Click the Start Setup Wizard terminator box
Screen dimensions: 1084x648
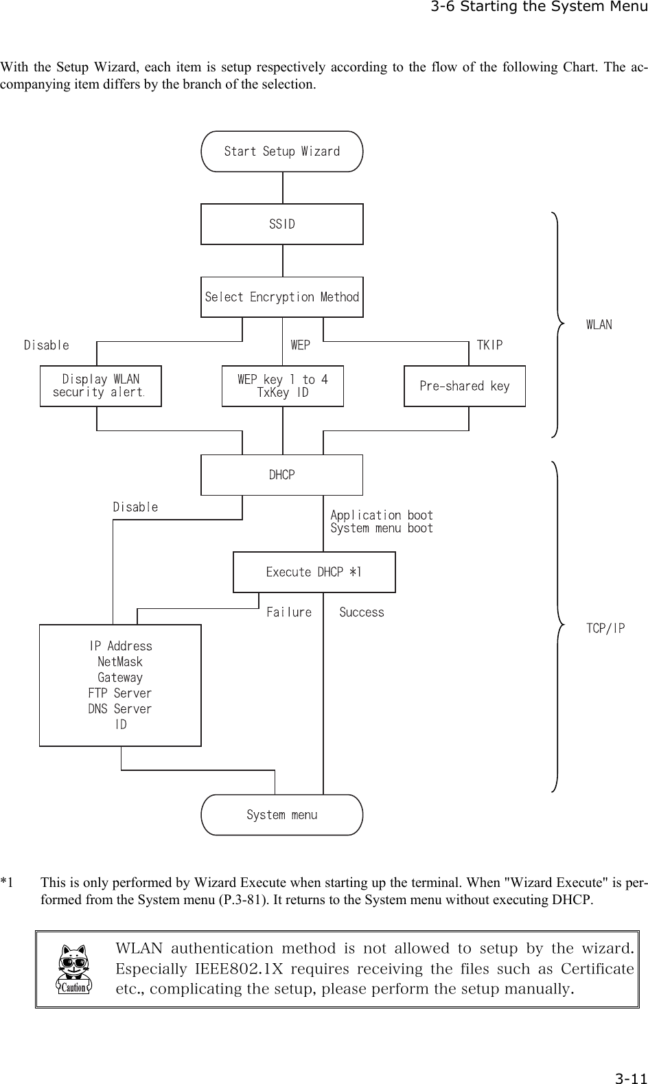pos(281,151)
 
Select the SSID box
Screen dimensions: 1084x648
pos(281,224)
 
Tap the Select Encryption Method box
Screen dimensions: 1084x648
pos(281,297)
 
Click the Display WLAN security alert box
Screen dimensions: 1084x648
pos(101,386)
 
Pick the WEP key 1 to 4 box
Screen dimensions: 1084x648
pos(282,386)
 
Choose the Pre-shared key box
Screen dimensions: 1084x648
pos(464,386)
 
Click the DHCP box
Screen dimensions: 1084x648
pos(281,474)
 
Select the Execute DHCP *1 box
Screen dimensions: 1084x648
pos(314,572)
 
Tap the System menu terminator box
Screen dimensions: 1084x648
pos(281,815)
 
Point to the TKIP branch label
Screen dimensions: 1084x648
pos(489,345)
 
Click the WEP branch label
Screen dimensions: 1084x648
pos(300,345)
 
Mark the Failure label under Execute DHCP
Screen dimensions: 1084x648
pos(288,612)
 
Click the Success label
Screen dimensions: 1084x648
pos(362,612)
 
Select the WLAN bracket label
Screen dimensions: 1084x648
pos(599,325)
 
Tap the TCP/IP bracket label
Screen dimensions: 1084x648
pos(605,628)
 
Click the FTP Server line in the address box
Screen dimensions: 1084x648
pos(120,693)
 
